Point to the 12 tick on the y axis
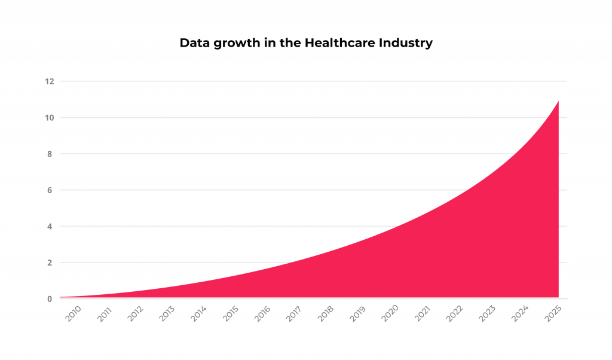[x=50, y=81]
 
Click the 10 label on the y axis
[x=50, y=118]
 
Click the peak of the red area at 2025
[x=558, y=102]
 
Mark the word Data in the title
[x=193, y=43]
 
